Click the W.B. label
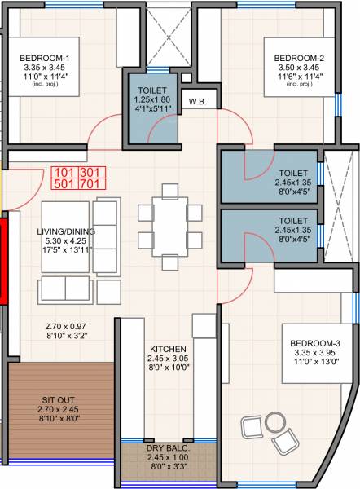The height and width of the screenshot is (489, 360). click(x=196, y=102)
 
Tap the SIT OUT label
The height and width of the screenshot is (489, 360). click(x=56, y=399)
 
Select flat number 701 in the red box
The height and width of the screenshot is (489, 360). click(x=88, y=185)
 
